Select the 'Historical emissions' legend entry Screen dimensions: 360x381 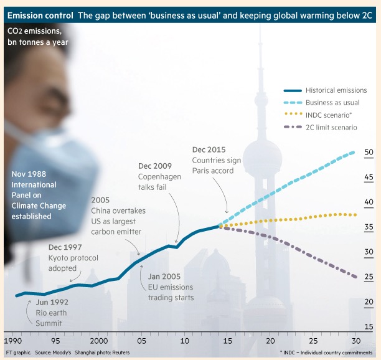click(x=339, y=90)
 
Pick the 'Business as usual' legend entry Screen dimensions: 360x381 click(x=333, y=103)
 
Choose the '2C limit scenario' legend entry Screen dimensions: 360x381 click(x=332, y=127)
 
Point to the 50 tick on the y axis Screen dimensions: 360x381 click(x=369, y=152)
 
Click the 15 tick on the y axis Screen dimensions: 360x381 click(x=369, y=326)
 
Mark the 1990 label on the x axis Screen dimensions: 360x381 click(x=12, y=342)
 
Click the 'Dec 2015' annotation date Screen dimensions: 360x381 click(x=209, y=150)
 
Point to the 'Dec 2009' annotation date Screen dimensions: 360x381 click(x=154, y=166)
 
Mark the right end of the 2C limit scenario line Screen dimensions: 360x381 click(x=355, y=277)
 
